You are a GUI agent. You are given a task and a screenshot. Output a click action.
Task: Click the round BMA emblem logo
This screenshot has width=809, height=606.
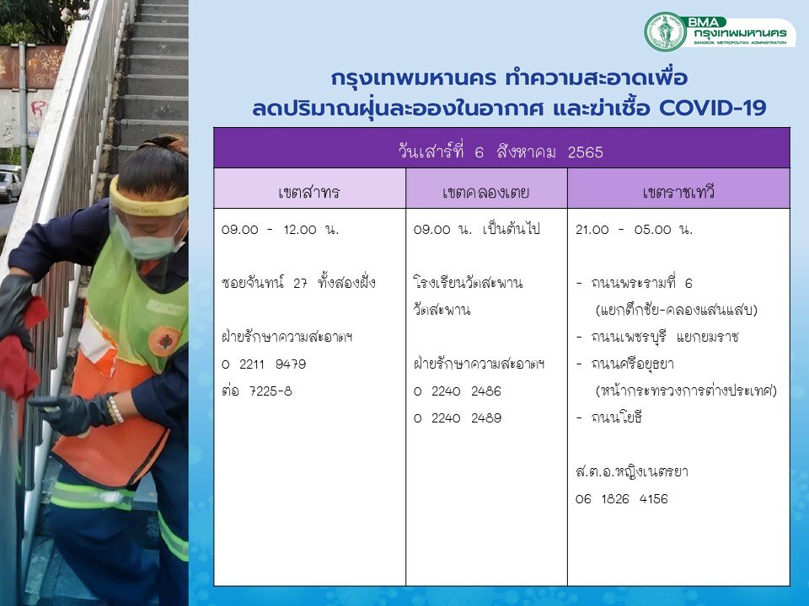(666, 31)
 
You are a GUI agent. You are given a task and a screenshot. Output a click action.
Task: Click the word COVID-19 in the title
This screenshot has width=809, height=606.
(713, 109)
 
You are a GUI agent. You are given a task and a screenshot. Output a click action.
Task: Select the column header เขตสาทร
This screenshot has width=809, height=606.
(308, 192)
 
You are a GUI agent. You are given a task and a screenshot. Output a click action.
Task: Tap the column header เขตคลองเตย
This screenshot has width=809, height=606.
(486, 192)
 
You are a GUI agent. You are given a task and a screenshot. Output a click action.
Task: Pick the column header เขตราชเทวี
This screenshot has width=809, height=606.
(678, 192)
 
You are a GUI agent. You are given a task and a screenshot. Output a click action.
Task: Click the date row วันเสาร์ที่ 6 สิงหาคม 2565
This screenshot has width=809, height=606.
(501, 151)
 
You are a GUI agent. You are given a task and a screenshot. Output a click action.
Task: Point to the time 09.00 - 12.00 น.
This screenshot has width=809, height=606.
(280, 229)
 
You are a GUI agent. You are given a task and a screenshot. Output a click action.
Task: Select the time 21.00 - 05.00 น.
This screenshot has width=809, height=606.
(634, 229)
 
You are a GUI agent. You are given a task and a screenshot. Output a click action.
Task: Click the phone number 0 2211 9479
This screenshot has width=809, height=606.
(264, 364)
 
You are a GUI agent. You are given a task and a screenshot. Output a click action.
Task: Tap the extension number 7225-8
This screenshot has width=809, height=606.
(271, 391)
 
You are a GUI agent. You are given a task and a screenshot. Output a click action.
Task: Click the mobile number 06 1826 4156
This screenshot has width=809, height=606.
(622, 499)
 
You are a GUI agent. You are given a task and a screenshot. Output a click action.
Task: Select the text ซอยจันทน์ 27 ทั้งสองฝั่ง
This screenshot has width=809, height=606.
(298, 283)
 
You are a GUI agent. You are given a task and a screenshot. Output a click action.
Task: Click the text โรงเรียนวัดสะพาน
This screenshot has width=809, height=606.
(468, 283)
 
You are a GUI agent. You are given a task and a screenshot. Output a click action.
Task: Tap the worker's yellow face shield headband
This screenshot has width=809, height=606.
(147, 203)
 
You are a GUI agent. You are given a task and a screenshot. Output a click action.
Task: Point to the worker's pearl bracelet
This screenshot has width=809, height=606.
(115, 409)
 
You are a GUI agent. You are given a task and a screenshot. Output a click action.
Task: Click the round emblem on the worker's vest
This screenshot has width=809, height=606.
(164, 341)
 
